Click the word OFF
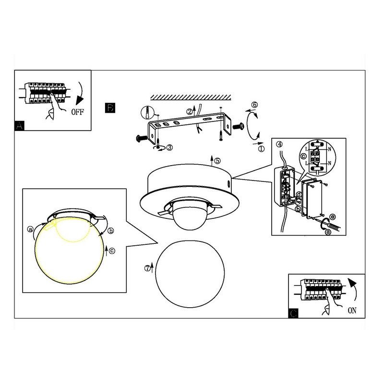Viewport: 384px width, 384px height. click(77, 112)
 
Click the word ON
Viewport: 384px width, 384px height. click(352, 310)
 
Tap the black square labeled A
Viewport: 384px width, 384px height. click(20, 126)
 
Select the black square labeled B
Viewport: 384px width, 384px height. click(110, 108)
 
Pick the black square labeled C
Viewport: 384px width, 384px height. click(293, 313)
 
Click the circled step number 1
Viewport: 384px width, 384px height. click(262, 149)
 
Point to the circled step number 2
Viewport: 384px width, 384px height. click(189, 112)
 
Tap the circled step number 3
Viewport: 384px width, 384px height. click(169, 147)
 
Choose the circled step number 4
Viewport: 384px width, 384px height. click(279, 144)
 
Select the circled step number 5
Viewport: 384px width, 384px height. click(217, 161)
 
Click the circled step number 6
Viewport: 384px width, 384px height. click(255, 105)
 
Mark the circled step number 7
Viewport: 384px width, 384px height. click(147, 268)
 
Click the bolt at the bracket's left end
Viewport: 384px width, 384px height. click(141, 138)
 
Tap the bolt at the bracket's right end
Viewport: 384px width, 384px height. click(238, 127)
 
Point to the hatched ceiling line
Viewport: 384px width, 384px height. click(191, 97)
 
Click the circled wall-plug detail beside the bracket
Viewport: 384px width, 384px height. click(147, 113)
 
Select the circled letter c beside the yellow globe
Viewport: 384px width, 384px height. click(112, 251)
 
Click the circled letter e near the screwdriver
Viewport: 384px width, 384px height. click(333, 217)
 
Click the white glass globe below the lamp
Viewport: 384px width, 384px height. click(190, 274)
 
